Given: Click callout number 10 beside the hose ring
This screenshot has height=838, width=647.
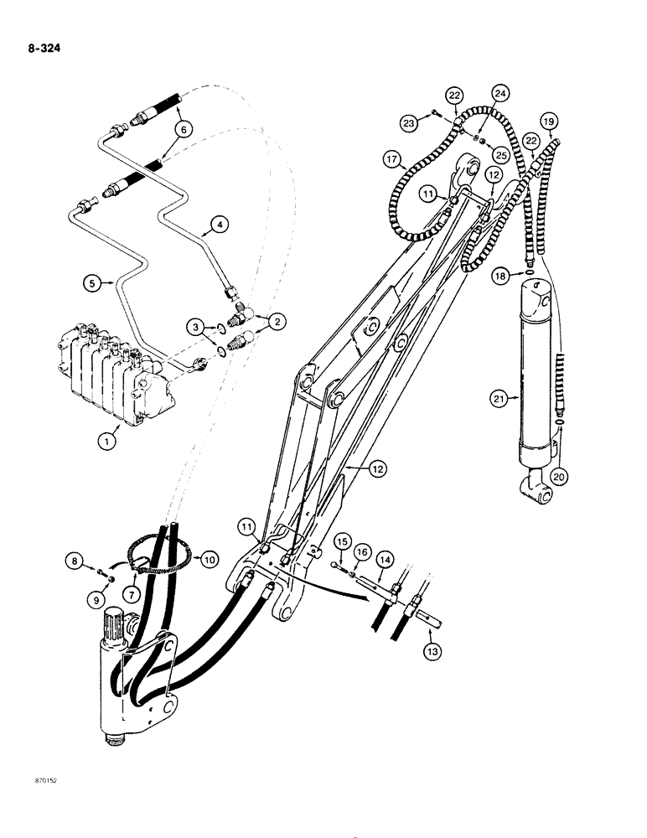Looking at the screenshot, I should click(x=207, y=557).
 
